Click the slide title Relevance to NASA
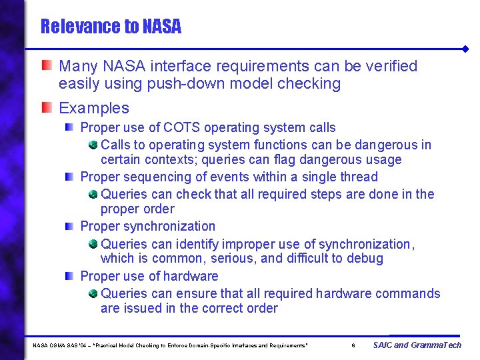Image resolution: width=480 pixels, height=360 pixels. [111, 27]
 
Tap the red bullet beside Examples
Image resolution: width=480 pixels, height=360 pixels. [46, 107]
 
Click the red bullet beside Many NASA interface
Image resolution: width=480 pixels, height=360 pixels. [46, 65]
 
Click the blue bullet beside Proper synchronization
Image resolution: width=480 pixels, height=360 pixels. [69, 227]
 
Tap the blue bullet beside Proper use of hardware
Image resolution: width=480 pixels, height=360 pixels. [69, 276]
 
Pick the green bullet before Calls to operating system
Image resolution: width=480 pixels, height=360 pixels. [93, 145]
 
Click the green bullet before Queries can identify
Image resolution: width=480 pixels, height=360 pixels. [93, 244]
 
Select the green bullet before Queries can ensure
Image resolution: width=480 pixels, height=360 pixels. [93, 293]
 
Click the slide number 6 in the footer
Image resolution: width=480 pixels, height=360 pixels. [353, 345]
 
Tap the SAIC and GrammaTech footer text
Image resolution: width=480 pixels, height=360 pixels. [417, 345]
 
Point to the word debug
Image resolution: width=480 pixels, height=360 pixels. [365, 259]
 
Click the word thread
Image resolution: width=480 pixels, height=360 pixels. [359, 177]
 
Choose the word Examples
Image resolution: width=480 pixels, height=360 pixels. [94, 108]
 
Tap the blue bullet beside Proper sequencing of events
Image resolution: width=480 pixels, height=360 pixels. [69, 177]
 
